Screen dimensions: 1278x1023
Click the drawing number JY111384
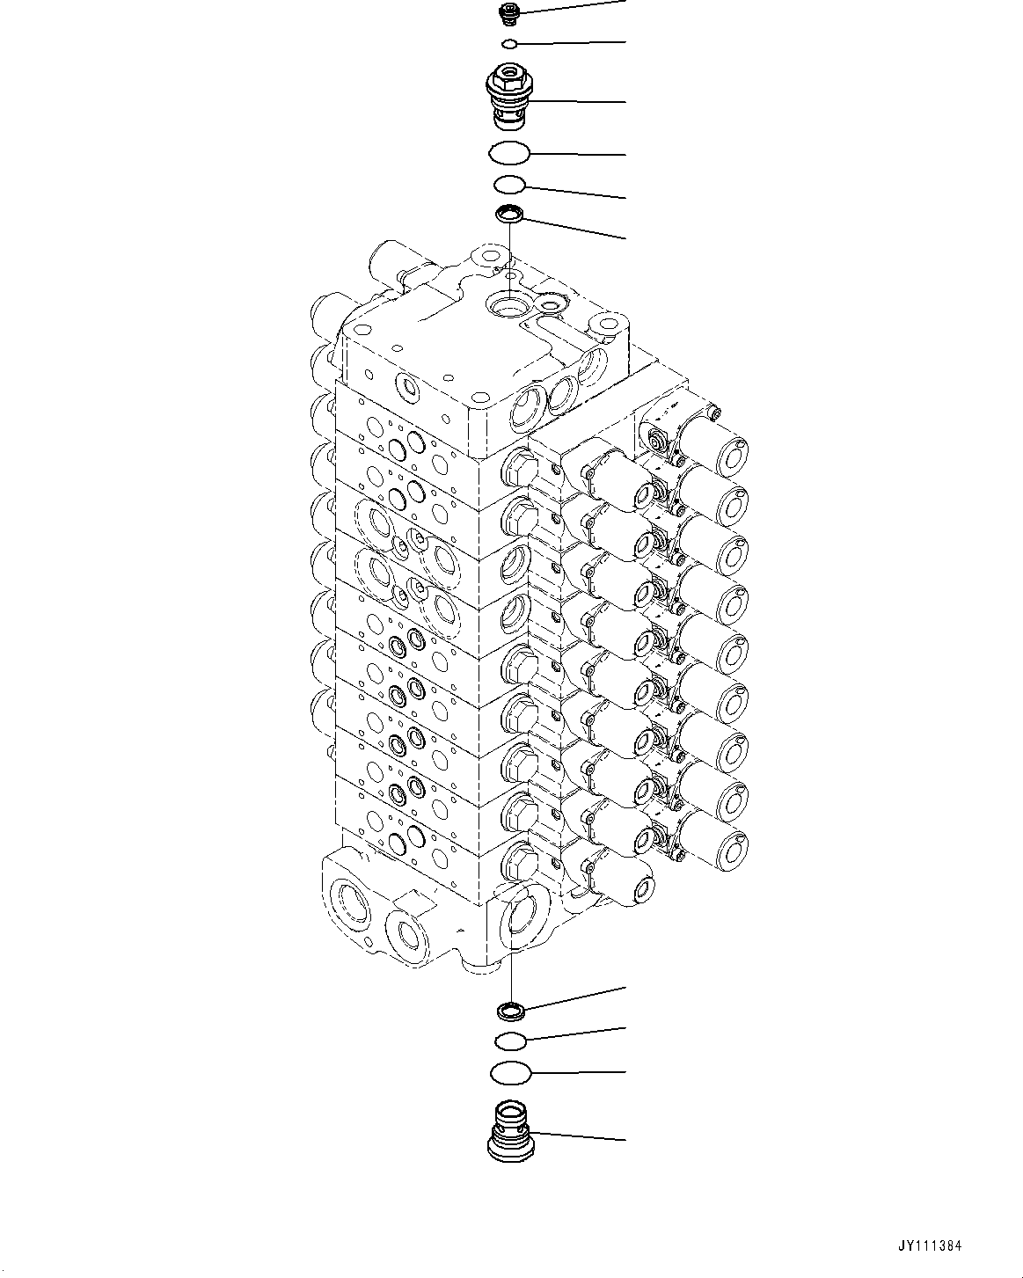pyautogui.click(x=932, y=1245)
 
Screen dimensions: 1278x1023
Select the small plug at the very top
pyautogui.click(x=509, y=11)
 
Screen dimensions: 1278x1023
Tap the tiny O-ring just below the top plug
pyautogui.click(x=509, y=43)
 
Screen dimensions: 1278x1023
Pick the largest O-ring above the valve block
pyautogui.click(x=509, y=153)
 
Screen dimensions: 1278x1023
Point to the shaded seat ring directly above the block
pyautogui.click(x=509, y=213)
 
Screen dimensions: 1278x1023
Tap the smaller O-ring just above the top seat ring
pyautogui.click(x=509, y=185)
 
